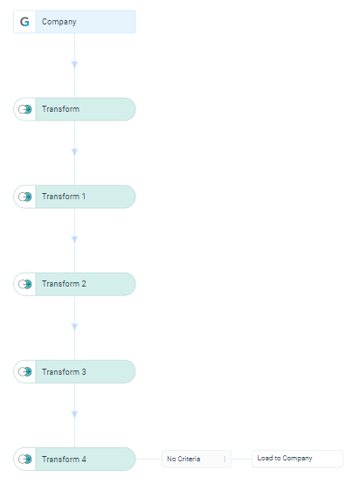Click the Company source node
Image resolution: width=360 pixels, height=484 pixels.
(74, 22)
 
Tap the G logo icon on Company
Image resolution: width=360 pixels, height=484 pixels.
(24, 22)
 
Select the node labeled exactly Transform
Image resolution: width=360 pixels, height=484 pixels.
(74, 109)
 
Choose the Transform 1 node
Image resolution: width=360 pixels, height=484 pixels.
(74, 197)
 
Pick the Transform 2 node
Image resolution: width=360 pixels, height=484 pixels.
(74, 284)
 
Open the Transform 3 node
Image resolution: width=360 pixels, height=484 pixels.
(74, 371)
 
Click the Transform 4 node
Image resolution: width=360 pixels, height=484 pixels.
(74, 459)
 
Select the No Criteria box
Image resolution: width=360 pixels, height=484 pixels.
(197, 459)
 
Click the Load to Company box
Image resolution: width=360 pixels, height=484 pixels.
(297, 459)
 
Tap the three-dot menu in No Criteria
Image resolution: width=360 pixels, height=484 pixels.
(225, 459)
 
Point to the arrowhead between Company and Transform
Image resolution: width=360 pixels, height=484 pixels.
(74, 65)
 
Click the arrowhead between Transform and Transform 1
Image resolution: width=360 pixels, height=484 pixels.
(74, 152)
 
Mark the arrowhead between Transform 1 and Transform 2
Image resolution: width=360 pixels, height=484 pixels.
(74, 239)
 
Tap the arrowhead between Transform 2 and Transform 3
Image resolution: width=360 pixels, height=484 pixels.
(74, 327)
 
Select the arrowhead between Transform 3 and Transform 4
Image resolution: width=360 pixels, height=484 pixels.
(74, 414)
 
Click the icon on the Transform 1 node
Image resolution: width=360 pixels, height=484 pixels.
(25, 197)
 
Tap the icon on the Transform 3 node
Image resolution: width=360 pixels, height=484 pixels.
(25, 371)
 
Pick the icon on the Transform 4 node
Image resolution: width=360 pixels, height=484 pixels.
(25, 459)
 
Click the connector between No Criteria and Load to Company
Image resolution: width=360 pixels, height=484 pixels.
(242, 459)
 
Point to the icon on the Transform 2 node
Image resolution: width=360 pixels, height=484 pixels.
(25, 284)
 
